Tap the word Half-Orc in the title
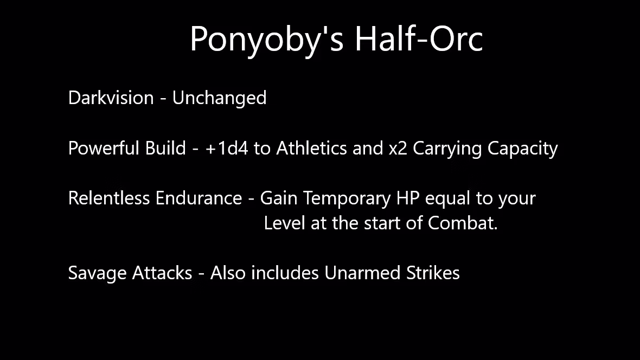tap(418, 39)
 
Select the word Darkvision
tap(111, 98)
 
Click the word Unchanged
tap(219, 98)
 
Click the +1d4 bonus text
tap(227, 148)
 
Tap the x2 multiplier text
tap(398, 148)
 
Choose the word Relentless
tap(109, 198)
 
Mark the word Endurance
tap(199, 198)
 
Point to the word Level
tap(284, 223)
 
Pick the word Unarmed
tap(363, 273)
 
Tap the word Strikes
tap(433, 273)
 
